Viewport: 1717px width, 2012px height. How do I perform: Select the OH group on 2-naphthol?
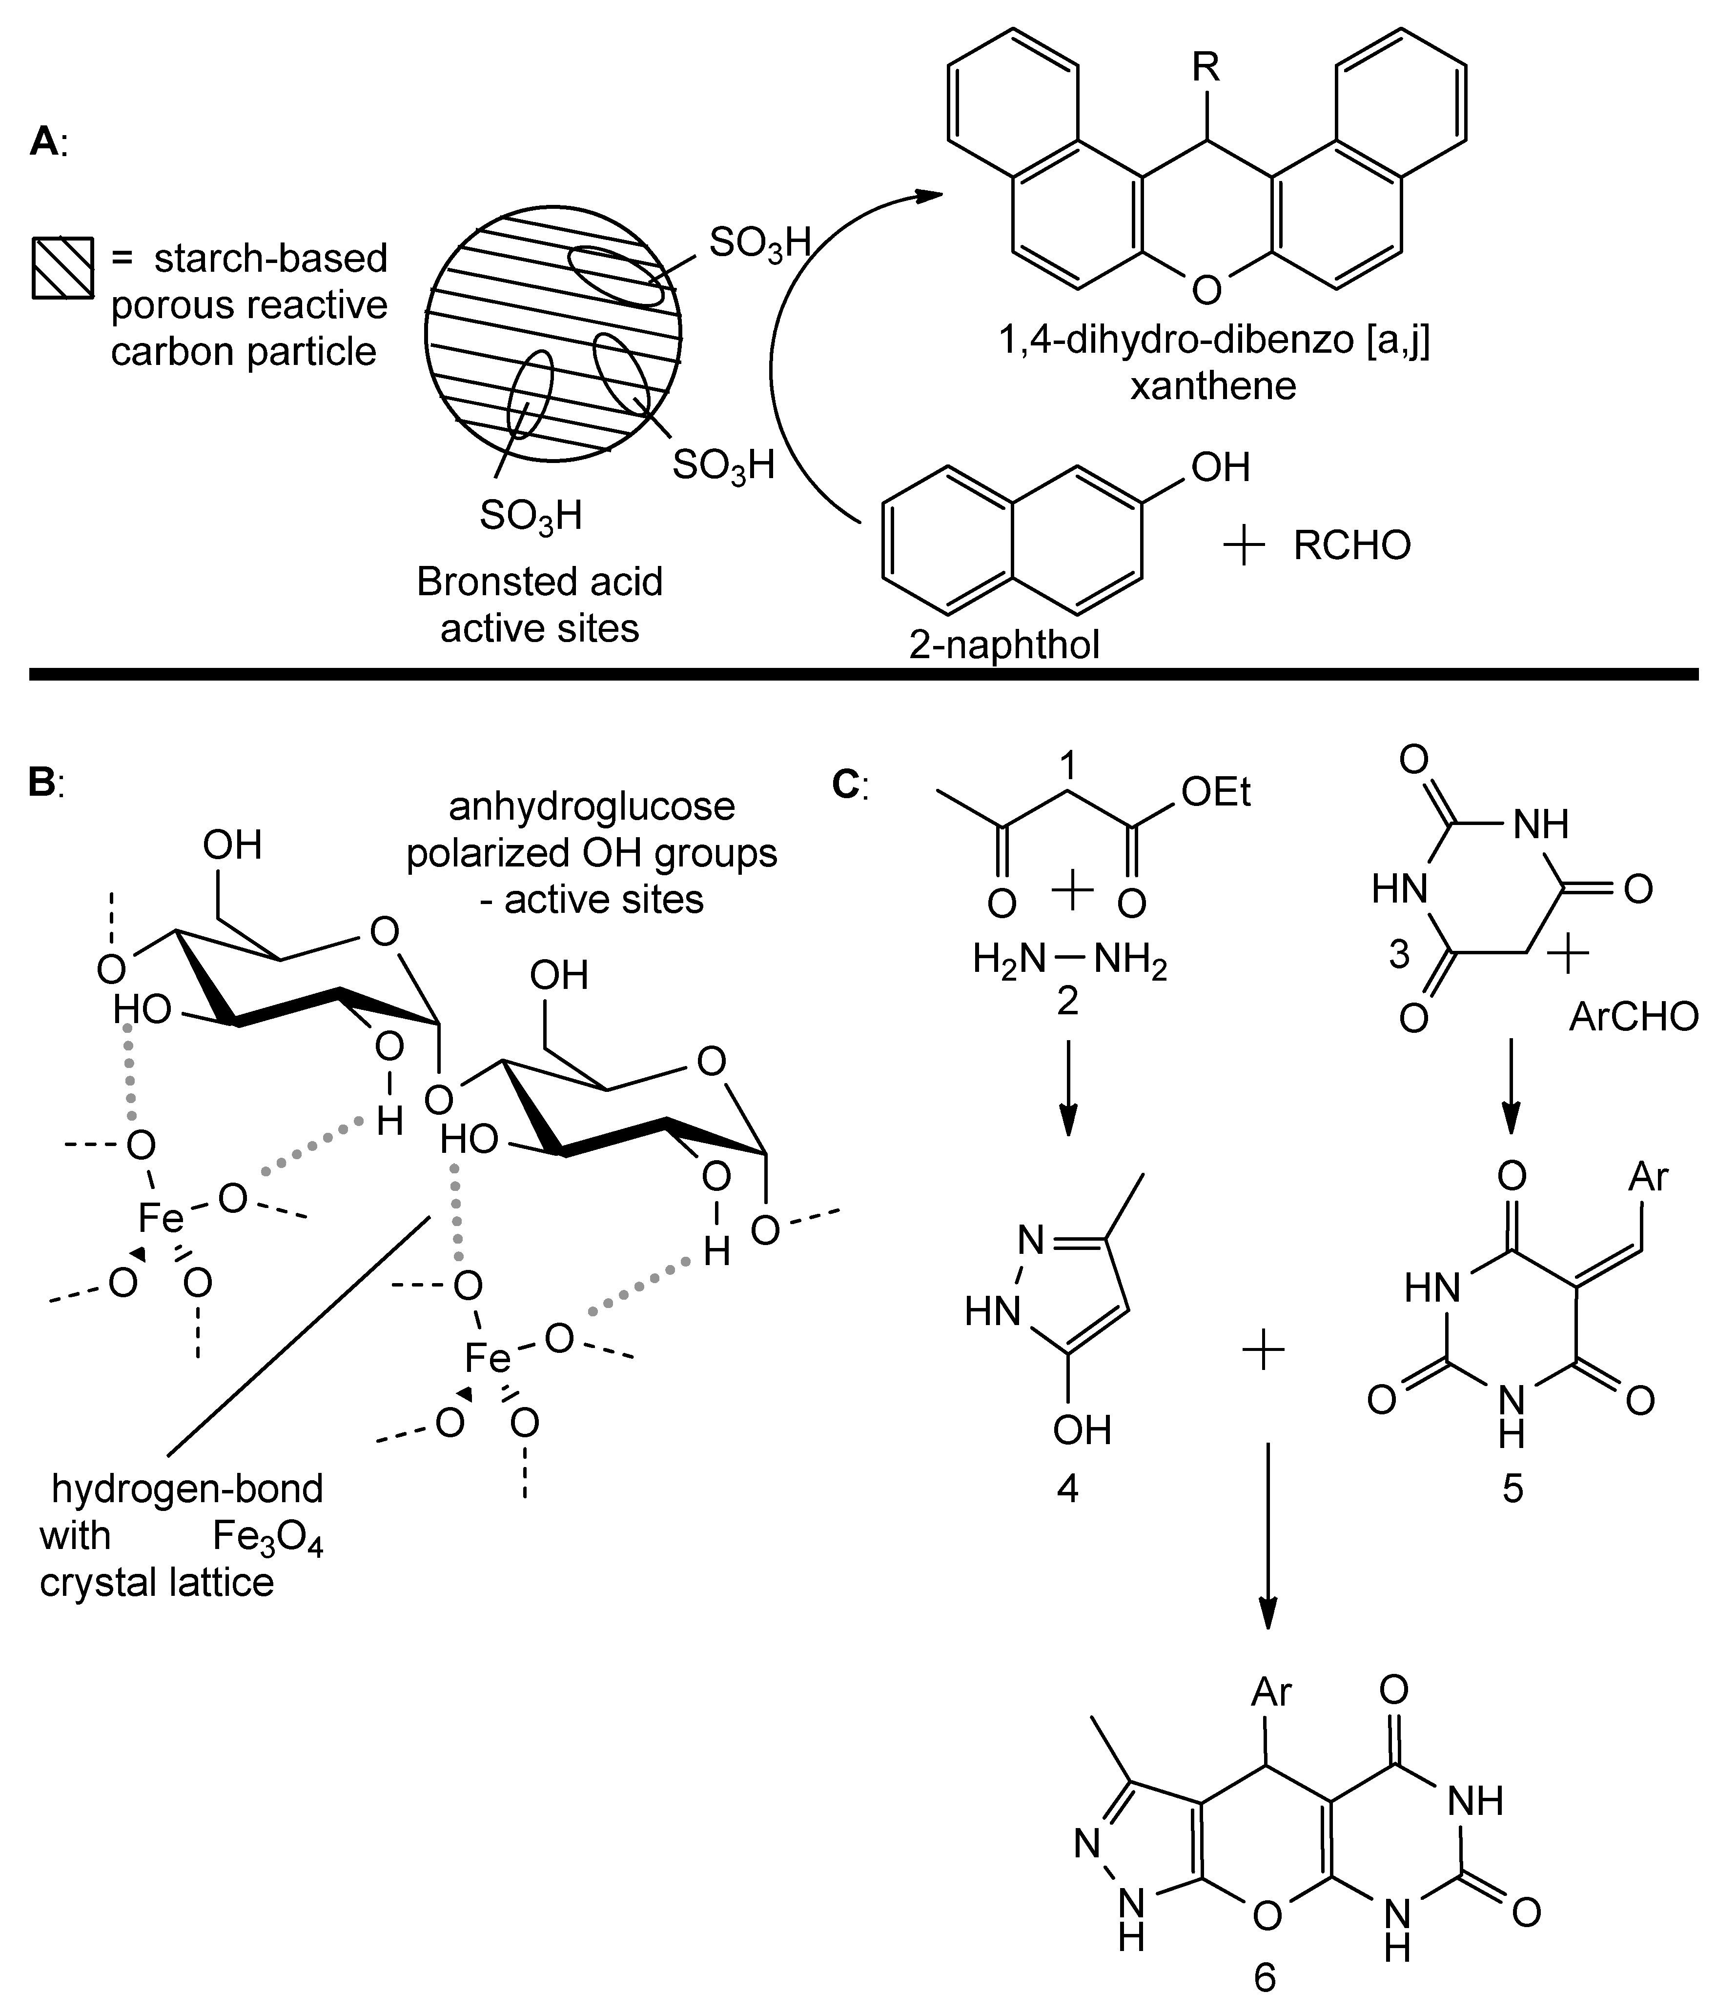pyautogui.click(x=1220, y=467)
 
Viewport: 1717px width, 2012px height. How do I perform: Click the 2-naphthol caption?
pyautogui.click(x=1004, y=644)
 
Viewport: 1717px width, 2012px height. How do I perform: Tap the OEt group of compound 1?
pyautogui.click(x=1216, y=793)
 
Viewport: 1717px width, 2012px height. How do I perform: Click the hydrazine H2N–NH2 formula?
pyautogui.click(x=1069, y=961)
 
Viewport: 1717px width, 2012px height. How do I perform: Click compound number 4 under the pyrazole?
pyautogui.click(x=1067, y=1487)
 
